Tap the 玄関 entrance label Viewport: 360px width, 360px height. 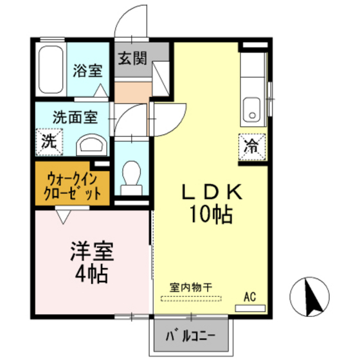(x=132, y=58)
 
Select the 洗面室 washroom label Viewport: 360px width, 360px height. (x=75, y=118)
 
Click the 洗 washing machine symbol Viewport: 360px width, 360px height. (x=49, y=142)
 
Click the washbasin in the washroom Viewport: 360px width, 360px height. (x=91, y=144)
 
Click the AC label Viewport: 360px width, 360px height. (x=249, y=296)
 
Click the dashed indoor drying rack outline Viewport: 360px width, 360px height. (x=191, y=298)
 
